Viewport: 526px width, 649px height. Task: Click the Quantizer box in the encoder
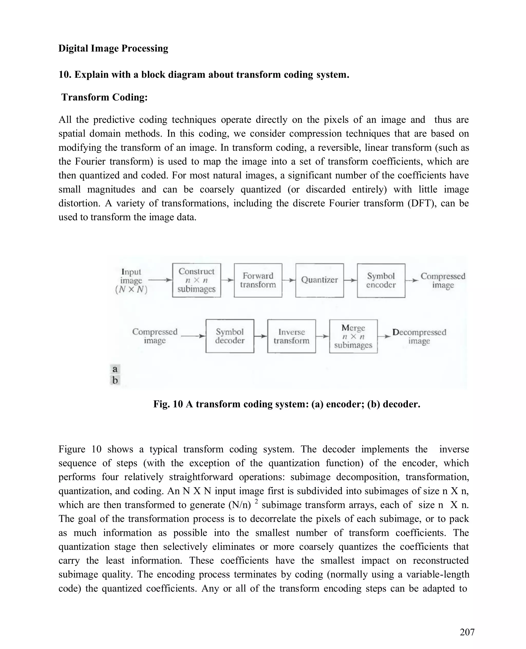point(319,280)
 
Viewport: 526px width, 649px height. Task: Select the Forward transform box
point(258,280)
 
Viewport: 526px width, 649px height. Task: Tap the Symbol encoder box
point(381,280)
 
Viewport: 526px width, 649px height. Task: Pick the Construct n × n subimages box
point(196,280)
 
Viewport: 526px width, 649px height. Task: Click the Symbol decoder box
point(230,336)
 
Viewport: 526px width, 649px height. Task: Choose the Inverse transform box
point(291,336)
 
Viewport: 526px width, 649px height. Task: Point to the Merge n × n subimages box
point(353,336)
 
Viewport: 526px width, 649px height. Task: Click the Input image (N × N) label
point(131,281)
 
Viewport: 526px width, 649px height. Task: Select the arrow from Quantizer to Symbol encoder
point(350,280)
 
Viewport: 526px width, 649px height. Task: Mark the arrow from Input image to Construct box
point(160,280)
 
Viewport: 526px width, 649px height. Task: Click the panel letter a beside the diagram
point(115,369)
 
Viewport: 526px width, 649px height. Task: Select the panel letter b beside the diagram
point(115,380)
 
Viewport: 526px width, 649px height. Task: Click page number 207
point(467,632)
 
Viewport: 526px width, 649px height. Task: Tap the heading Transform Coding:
point(104,97)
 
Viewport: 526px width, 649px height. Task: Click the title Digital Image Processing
point(113,49)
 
